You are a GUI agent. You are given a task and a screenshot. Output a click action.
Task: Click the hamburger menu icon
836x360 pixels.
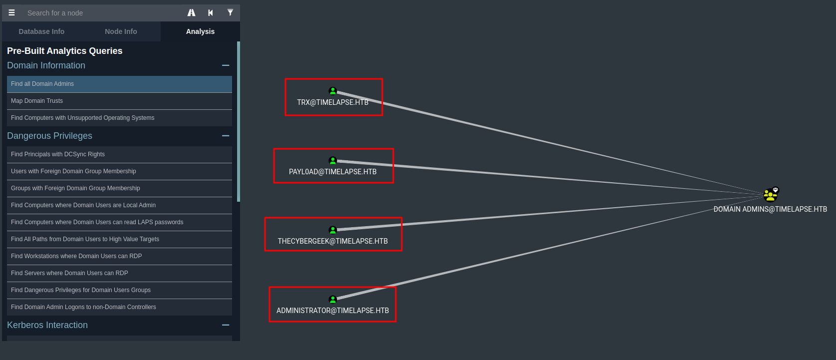[x=11, y=13]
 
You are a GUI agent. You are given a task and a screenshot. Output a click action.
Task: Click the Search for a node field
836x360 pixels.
[x=100, y=13]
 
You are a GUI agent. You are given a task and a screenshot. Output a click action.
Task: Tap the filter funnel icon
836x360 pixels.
[x=230, y=13]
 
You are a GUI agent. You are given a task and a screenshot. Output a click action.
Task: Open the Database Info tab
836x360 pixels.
[x=41, y=31]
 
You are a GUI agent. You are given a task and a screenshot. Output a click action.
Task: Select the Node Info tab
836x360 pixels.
[x=121, y=31]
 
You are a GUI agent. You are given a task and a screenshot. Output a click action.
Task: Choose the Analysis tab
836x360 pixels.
[x=200, y=31]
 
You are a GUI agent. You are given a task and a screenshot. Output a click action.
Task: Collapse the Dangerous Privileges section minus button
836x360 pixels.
[x=226, y=136]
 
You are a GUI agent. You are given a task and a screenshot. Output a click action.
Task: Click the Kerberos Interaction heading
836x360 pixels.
[x=47, y=325]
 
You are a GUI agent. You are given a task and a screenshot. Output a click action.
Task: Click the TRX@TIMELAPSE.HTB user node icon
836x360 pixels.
[x=333, y=91]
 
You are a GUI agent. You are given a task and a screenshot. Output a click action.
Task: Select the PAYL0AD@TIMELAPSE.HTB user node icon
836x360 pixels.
[x=333, y=160]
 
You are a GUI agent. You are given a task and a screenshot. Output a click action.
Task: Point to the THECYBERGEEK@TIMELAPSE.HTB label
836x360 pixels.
[x=332, y=241]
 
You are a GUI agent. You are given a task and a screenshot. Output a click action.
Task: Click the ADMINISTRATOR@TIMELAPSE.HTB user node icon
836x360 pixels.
[x=333, y=299]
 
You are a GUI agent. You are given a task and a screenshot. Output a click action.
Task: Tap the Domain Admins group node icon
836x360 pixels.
[x=771, y=194]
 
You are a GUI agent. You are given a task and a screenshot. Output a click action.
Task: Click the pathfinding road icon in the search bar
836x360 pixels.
[x=191, y=13]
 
